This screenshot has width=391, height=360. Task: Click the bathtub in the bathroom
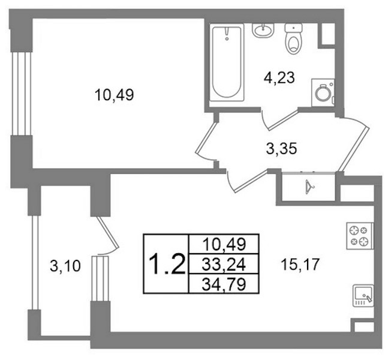(x=227, y=62)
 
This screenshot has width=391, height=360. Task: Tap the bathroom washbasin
(x=263, y=30)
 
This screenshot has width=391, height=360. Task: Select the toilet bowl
(x=293, y=38)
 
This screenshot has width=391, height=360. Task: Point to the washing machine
(x=323, y=92)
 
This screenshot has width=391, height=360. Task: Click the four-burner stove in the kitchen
(x=360, y=236)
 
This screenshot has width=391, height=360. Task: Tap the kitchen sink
(x=363, y=296)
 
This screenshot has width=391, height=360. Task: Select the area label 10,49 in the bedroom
(x=114, y=95)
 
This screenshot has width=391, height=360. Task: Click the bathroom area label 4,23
(x=279, y=77)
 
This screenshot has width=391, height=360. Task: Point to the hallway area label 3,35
(x=281, y=149)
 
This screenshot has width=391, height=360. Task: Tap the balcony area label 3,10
(x=65, y=266)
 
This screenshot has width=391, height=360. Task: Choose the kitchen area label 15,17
(x=300, y=265)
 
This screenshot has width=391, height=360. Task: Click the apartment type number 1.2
(x=167, y=264)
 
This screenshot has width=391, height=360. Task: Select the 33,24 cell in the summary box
(x=224, y=265)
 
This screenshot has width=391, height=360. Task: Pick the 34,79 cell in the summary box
(x=224, y=284)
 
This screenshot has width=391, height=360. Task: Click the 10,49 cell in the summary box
(x=224, y=244)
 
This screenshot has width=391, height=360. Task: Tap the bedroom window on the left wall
(x=22, y=94)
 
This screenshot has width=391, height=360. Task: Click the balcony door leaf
(x=107, y=233)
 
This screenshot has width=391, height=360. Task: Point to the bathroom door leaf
(x=284, y=120)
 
